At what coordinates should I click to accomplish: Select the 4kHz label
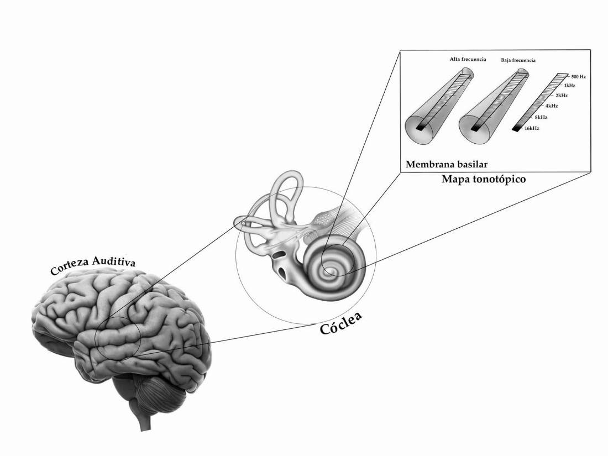click(552, 106)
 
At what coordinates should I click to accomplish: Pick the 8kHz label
click(541, 117)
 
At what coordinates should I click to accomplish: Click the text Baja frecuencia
click(519, 60)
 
